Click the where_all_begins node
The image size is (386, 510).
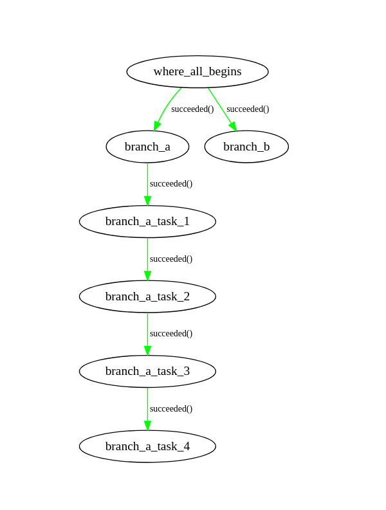pyautogui.click(x=198, y=71)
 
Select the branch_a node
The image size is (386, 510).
pyautogui.click(x=147, y=147)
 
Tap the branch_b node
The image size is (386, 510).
pyautogui.click(x=246, y=147)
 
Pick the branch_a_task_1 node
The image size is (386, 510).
pyautogui.click(x=147, y=221)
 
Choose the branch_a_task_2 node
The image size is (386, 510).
pyautogui.click(x=147, y=296)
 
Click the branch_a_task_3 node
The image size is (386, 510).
pyautogui.click(x=147, y=371)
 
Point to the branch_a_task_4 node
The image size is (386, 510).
pyautogui.click(x=147, y=446)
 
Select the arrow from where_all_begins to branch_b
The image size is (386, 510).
pyautogui.click(x=221, y=108)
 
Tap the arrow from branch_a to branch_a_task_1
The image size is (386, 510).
pyautogui.click(x=147, y=184)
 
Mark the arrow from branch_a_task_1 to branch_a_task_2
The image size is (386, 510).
pyautogui.click(x=147, y=259)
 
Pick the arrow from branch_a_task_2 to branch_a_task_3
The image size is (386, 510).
pyautogui.click(x=147, y=334)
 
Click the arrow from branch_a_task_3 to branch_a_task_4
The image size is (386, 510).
pyautogui.click(x=147, y=408)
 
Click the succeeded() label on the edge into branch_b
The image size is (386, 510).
pyautogui.click(x=248, y=109)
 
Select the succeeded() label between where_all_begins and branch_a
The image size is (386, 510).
pyautogui.click(x=192, y=109)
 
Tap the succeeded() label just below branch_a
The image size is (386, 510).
pyautogui.click(x=171, y=183)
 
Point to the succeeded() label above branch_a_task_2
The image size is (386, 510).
pyautogui.click(x=171, y=259)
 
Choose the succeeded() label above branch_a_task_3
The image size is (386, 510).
pyautogui.click(x=171, y=333)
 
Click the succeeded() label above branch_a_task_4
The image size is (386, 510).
pyautogui.click(x=171, y=408)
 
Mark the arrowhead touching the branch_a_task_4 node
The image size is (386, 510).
pyautogui.click(x=147, y=425)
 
